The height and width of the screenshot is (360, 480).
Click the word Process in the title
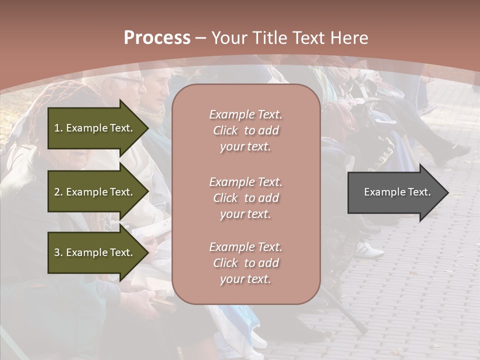coord(157,38)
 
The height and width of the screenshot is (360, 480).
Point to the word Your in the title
coord(229,38)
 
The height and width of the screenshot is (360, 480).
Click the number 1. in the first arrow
coord(58,128)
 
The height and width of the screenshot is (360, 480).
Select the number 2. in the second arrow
coord(58,192)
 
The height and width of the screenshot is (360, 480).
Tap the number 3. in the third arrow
coord(58,252)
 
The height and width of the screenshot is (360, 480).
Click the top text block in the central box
coord(245,130)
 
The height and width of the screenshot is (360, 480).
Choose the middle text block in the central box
coord(245,198)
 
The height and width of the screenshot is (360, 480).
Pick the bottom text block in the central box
coord(245,263)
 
